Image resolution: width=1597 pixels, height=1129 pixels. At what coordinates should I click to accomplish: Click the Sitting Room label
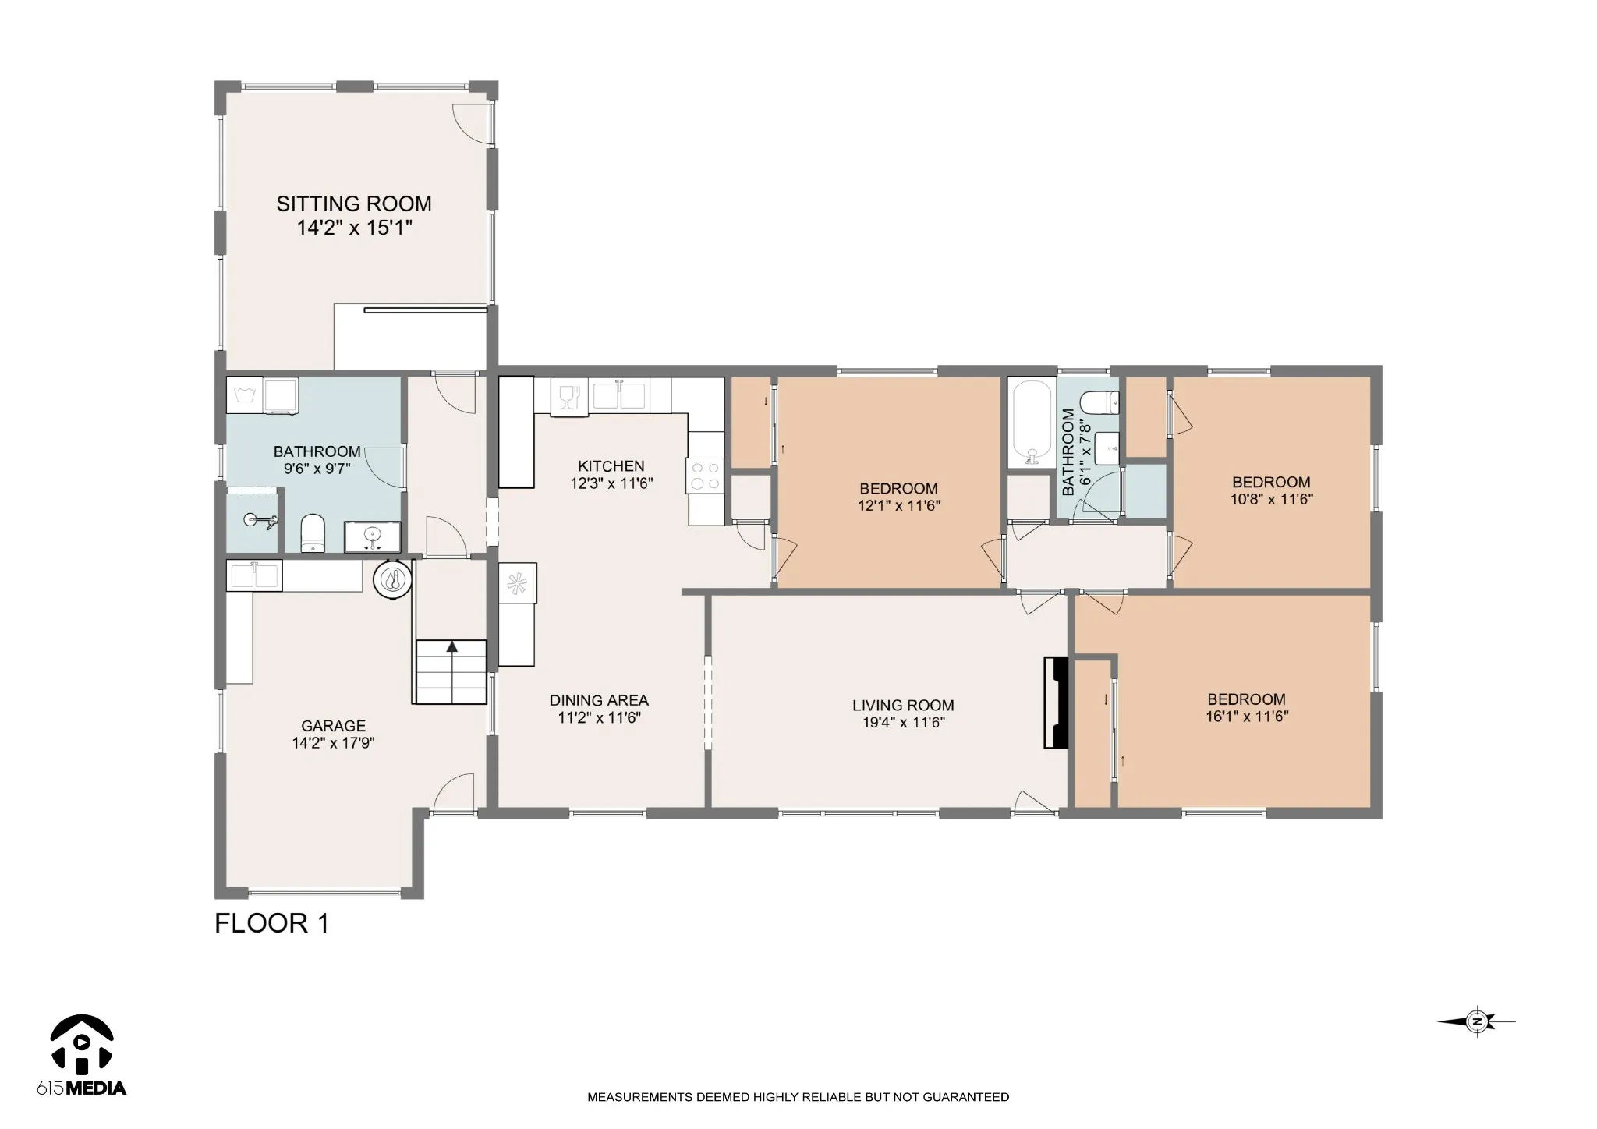tap(354, 204)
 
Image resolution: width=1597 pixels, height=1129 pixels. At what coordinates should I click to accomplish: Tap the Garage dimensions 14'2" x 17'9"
tap(334, 743)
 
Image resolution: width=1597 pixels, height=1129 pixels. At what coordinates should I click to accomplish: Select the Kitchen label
tap(611, 466)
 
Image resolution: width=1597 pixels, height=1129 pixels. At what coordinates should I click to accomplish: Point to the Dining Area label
tap(599, 700)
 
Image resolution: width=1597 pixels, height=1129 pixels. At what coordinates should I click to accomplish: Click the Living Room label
tap(903, 706)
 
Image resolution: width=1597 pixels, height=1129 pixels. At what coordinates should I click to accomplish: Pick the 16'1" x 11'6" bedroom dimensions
tap(1247, 717)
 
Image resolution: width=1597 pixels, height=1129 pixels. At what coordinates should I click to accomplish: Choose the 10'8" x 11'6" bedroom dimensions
tap(1272, 499)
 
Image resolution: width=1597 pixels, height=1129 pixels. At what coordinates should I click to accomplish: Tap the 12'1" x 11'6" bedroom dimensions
tap(899, 505)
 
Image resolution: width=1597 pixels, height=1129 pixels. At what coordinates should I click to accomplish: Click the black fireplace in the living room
tap(1055, 703)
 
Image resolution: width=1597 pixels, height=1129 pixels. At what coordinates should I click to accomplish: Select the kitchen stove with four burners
tap(706, 475)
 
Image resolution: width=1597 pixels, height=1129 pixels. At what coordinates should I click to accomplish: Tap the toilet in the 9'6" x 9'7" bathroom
tap(313, 533)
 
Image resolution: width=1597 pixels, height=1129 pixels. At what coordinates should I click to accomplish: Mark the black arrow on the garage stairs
tap(451, 646)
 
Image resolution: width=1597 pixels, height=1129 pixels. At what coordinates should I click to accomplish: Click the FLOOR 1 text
tap(272, 923)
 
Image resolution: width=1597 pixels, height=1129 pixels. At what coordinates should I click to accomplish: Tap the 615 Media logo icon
tap(82, 1043)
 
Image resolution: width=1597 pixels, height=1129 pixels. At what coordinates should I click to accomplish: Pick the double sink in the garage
tap(254, 575)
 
